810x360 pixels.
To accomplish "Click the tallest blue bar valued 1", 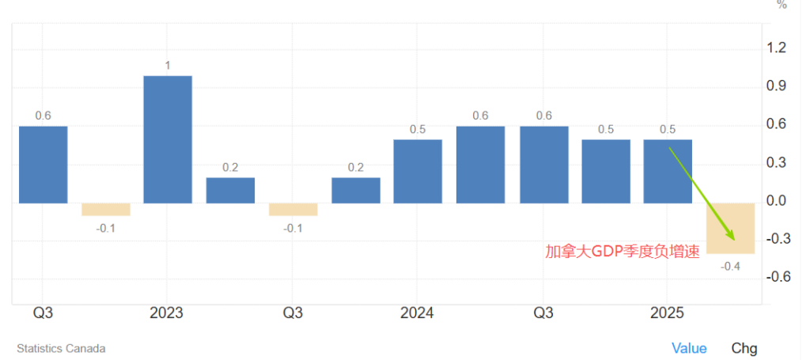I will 168,139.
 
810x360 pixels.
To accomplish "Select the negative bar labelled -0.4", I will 730,228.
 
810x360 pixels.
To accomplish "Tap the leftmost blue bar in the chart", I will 43,165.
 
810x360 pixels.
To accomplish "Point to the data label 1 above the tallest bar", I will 168,65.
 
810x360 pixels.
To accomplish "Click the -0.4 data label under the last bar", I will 730,266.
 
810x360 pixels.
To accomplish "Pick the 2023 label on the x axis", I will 166,313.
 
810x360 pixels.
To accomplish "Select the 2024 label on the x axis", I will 417,313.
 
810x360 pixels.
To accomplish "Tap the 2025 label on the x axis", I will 667,313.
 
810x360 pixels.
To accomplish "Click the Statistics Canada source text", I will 61,348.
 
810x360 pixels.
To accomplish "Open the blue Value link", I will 689,348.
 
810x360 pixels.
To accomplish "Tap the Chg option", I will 744,348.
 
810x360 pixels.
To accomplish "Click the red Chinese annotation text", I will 623,252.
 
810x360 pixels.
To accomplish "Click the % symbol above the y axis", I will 782,5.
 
